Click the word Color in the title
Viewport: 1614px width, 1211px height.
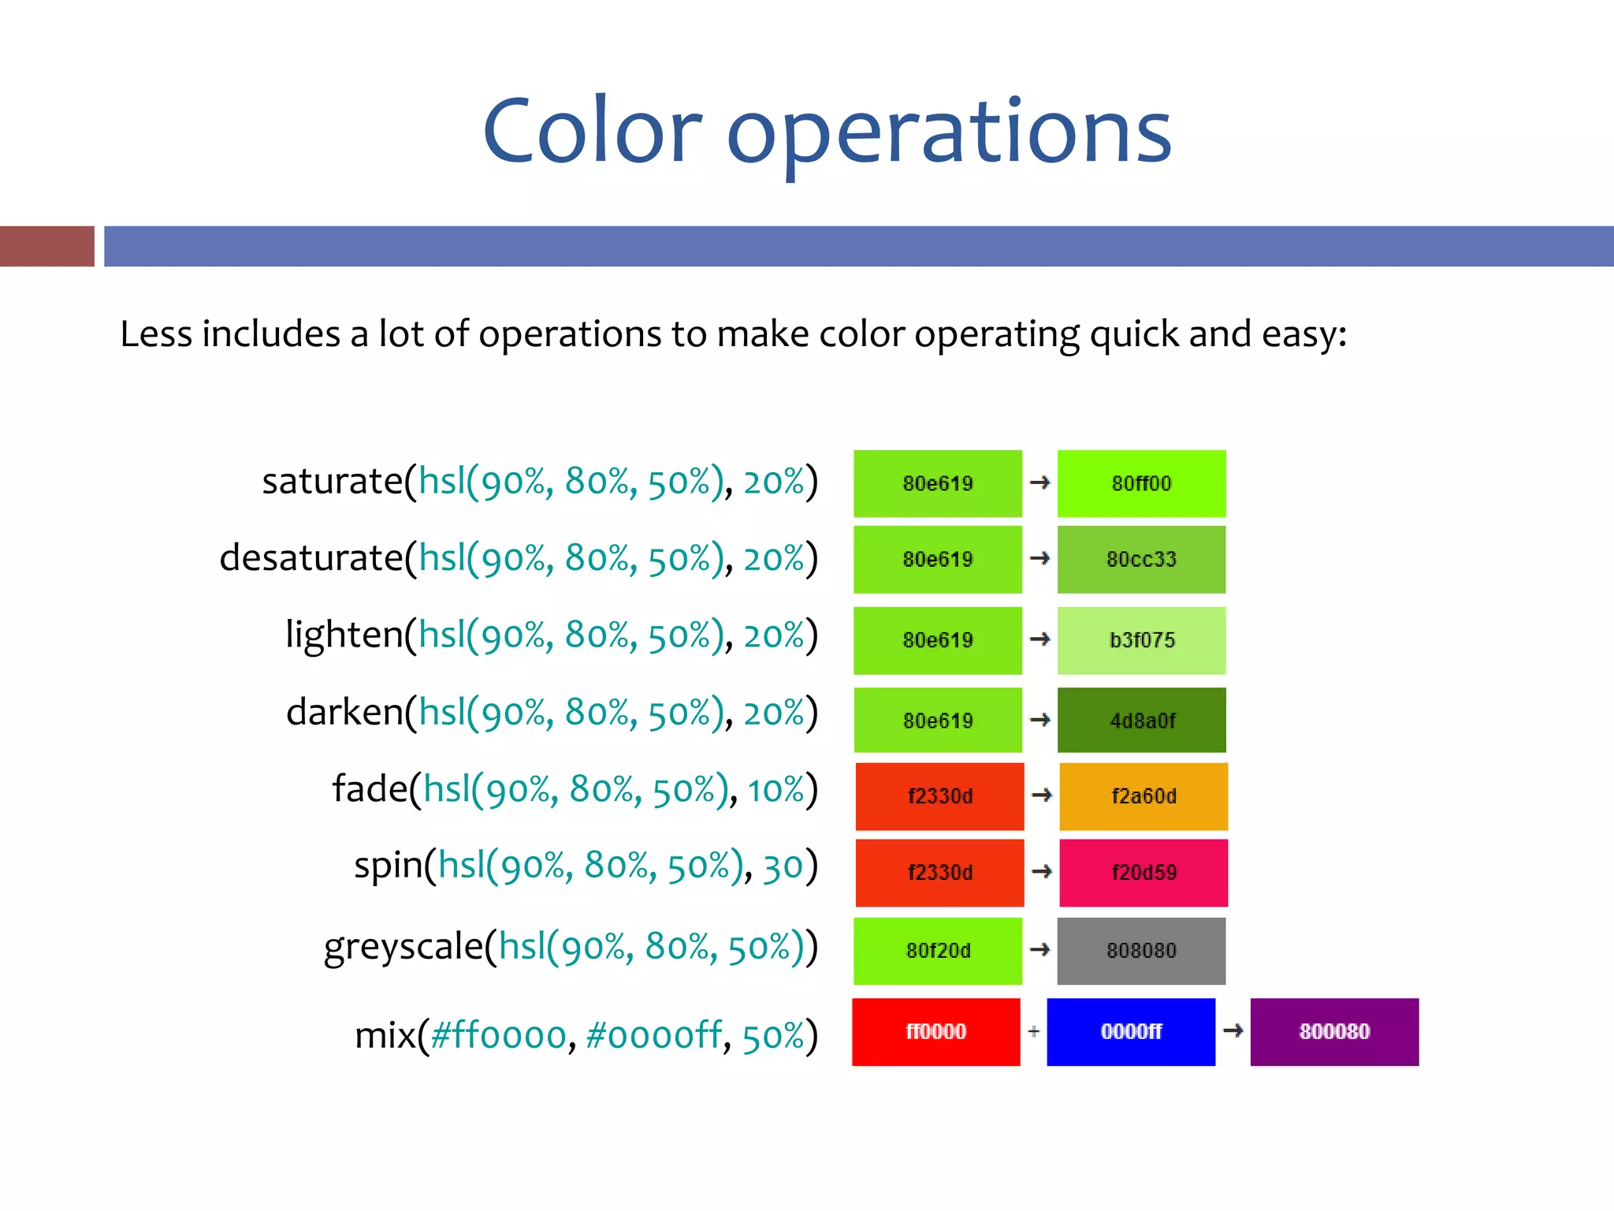(591, 132)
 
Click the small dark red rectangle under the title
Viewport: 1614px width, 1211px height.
(46, 246)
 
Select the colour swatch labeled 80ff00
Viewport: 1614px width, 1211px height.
(1141, 483)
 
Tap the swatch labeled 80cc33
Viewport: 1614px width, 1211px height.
(1141, 559)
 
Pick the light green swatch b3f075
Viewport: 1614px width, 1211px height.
(1141, 640)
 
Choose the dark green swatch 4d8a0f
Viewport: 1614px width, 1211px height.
(1141, 720)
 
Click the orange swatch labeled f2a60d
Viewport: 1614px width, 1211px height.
(1144, 796)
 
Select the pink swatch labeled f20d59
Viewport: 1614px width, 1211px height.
(1144, 873)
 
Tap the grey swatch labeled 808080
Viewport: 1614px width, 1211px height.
(1141, 951)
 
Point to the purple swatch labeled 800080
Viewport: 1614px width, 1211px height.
(1334, 1032)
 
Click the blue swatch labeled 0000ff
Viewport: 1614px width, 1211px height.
(1131, 1032)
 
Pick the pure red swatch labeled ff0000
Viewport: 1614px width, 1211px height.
(935, 1032)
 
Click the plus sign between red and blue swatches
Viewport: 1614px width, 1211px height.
(1034, 1031)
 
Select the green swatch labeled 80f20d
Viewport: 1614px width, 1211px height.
(938, 951)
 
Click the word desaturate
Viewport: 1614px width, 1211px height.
(311, 558)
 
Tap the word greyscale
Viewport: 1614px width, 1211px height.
(403, 946)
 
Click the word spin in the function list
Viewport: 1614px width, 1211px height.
(388, 866)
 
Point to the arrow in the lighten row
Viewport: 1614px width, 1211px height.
(1039, 639)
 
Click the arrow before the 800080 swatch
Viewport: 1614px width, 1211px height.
(1233, 1030)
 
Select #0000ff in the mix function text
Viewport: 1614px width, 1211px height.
(653, 1035)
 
